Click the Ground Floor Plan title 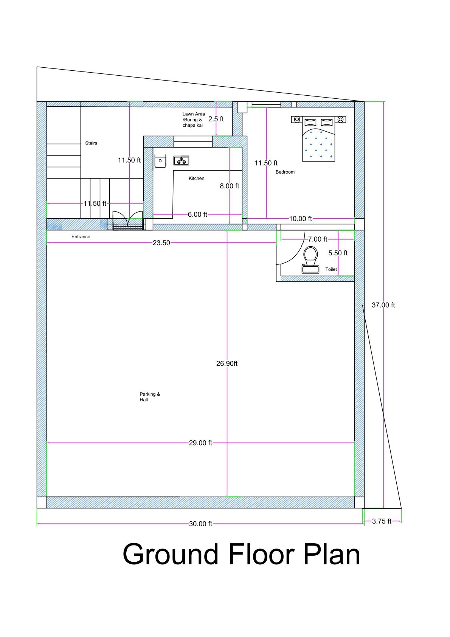pyautogui.click(x=241, y=554)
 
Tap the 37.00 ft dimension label pyautogui.click(x=383, y=305)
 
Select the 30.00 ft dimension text pyautogui.click(x=200, y=524)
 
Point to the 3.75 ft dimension pyautogui.click(x=382, y=521)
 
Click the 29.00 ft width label pyautogui.click(x=200, y=443)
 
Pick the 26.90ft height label pyautogui.click(x=227, y=364)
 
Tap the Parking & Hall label pyautogui.click(x=149, y=397)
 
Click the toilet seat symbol pyautogui.click(x=311, y=256)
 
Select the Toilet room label pyautogui.click(x=331, y=269)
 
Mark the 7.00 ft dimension pyautogui.click(x=317, y=239)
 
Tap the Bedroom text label pyautogui.click(x=285, y=172)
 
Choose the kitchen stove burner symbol pyautogui.click(x=181, y=161)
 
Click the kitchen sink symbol pyautogui.click(x=160, y=161)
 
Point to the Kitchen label pyautogui.click(x=196, y=179)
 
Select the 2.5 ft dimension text pyautogui.click(x=216, y=119)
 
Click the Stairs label pyautogui.click(x=91, y=143)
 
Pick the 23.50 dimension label pyautogui.click(x=161, y=243)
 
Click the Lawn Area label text pyautogui.click(x=193, y=119)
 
